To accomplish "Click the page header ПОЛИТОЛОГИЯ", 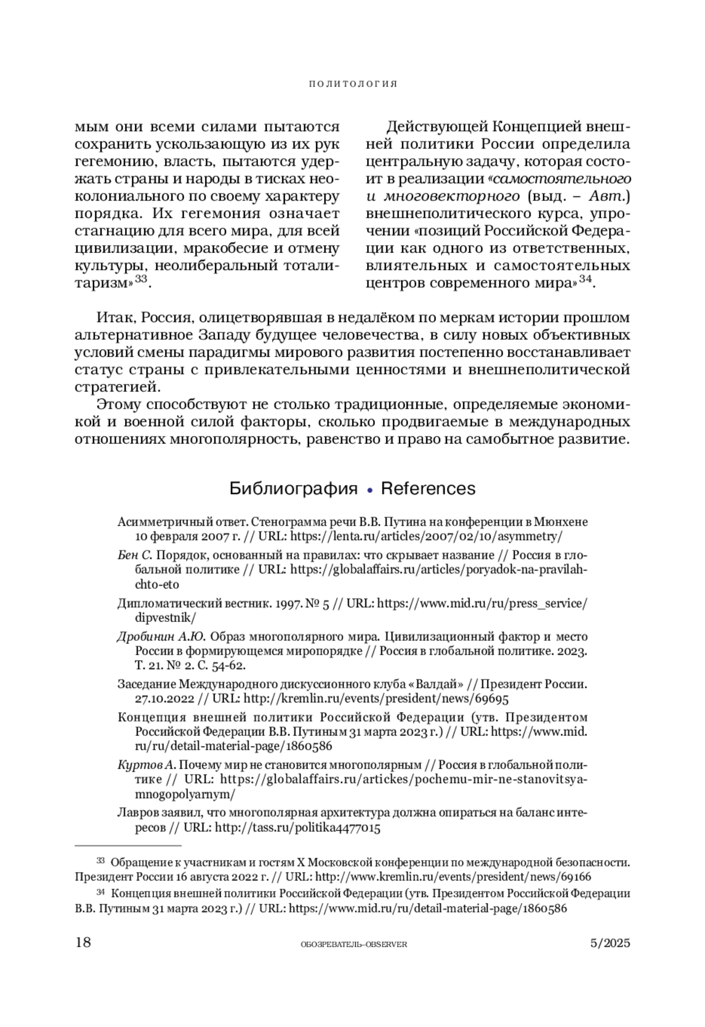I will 352,84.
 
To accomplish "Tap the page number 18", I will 83,942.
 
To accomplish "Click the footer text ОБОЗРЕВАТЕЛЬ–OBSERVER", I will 353,944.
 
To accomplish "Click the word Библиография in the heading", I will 293,489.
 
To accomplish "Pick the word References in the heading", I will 428,489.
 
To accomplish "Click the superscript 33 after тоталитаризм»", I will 141,279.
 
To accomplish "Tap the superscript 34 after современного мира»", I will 585,279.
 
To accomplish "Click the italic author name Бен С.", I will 135,555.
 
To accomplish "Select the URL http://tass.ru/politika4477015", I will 298,828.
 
